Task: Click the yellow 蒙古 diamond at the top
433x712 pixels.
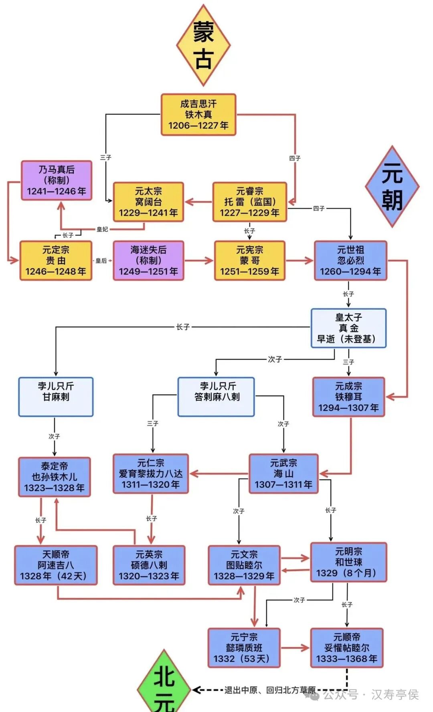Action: coord(203,45)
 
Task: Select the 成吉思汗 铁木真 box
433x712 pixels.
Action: coord(198,115)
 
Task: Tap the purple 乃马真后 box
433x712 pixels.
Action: coord(57,180)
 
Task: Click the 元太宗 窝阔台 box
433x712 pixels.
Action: coord(148,202)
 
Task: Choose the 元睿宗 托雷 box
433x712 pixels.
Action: coord(250,202)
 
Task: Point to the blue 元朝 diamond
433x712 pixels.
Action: coord(392,187)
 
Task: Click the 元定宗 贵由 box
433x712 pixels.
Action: coord(56,260)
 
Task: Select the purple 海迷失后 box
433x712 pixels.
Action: coord(148,260)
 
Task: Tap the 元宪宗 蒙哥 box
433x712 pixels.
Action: coord(250,260)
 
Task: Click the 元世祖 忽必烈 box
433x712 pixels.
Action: coord(350,260)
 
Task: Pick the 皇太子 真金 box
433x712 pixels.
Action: coord(348,328)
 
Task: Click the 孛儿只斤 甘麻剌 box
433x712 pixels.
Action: coord(56,397)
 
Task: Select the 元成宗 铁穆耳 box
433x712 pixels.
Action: coord(348,397)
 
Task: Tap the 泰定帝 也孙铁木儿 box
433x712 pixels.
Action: coord(55,477)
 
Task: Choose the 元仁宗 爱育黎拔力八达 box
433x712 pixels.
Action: coord(151,474)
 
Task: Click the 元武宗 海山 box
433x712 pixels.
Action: coord(283,474)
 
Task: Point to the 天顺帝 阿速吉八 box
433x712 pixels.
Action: coord(56,565)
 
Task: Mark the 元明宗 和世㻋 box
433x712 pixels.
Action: coord(348,562)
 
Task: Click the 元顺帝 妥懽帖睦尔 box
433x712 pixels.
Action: coord(347,648)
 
